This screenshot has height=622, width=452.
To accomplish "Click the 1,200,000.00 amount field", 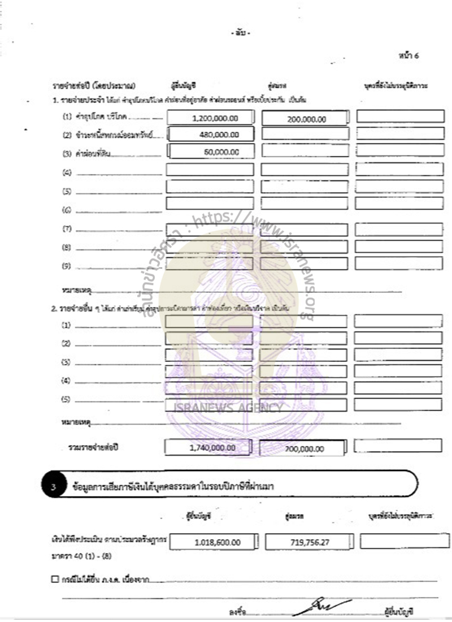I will point(211,118).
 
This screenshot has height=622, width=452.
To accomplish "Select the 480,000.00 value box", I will point(211,135).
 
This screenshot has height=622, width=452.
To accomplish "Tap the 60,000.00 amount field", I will point(211,152).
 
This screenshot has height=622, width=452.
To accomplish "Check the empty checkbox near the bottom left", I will point(54,579).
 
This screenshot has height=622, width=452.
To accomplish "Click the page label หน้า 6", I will point(408,55).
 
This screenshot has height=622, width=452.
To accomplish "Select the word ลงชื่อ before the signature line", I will point(236,611).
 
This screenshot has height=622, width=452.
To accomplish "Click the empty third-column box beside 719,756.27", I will point(405,541).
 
